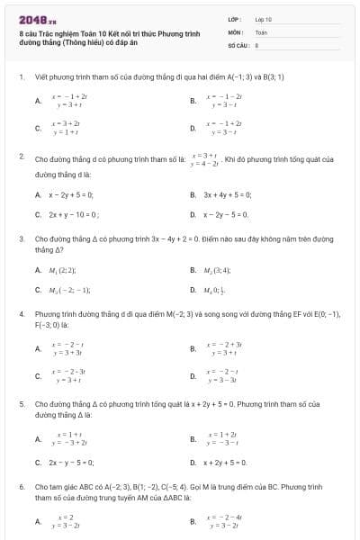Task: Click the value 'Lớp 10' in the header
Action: (264, 18)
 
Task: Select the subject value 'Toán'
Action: (261, 31)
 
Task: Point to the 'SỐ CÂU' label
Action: (237, 44)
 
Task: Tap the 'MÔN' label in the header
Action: (235, 31)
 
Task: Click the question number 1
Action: (20, 76)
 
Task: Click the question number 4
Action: (20, 314)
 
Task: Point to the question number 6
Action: (20, 487)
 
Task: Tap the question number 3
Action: (20, 238)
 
